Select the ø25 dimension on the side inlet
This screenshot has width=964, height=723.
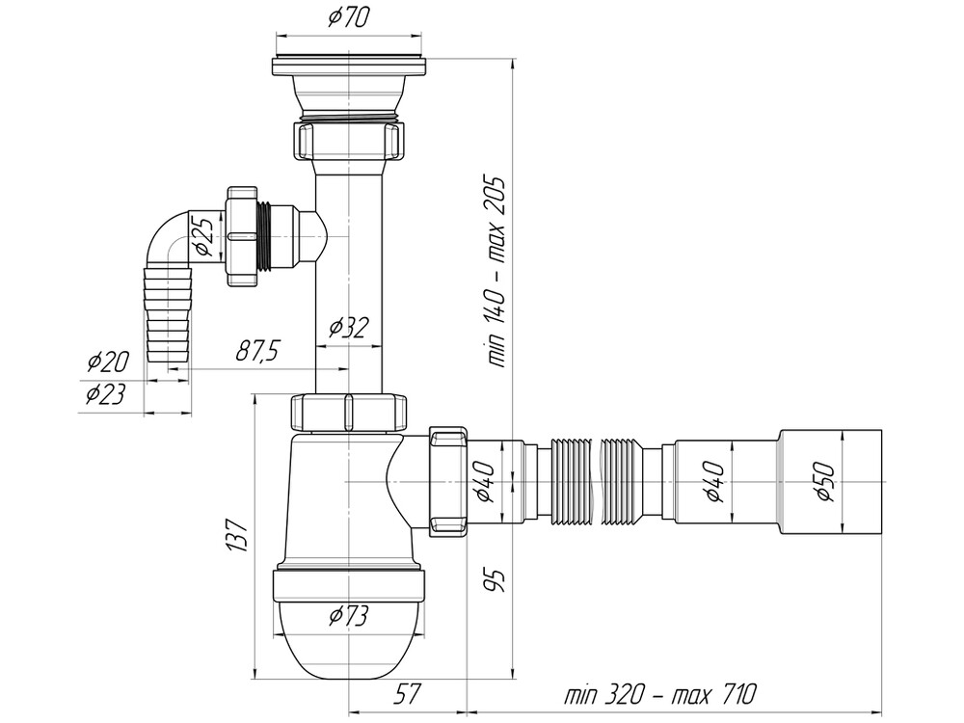click(x=204, y=236)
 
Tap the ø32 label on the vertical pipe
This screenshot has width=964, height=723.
click(x=349, y=328)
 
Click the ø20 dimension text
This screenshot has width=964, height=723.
click(x=107, y=362)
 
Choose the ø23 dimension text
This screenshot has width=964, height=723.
click(x=107, y=395)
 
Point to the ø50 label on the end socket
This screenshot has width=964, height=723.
click(x=827, y=479)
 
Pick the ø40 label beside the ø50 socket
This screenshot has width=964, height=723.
click(x=715, y=479)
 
